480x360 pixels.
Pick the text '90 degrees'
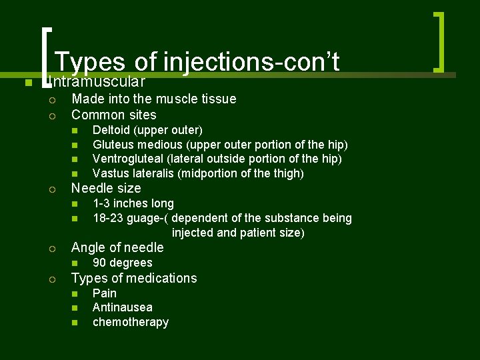point(123,263)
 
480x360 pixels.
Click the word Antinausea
point(123,307)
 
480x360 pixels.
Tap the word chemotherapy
point(131,323)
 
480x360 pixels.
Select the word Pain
point(105,293)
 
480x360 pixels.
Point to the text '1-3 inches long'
point(133,203)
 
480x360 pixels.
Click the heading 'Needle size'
point(106,188)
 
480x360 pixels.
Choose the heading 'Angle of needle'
point(117,247)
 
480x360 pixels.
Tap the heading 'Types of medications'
point(134,278)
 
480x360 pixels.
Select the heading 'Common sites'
point(114,115)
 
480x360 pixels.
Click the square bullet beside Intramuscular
point(27,83)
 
